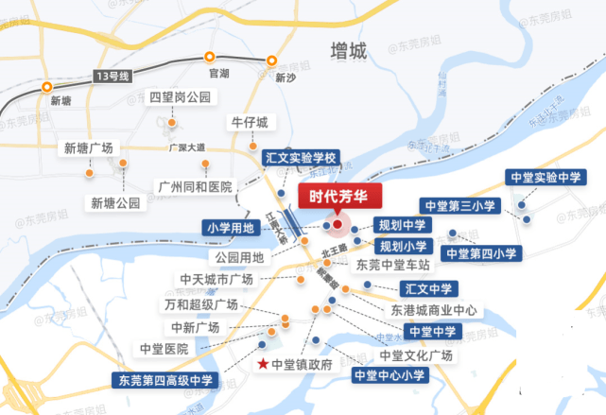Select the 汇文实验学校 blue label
[300, 158]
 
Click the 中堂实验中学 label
[545, 177]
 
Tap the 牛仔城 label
[250, 123]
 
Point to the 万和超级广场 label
[199, 304]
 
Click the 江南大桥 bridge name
[276, 230]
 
